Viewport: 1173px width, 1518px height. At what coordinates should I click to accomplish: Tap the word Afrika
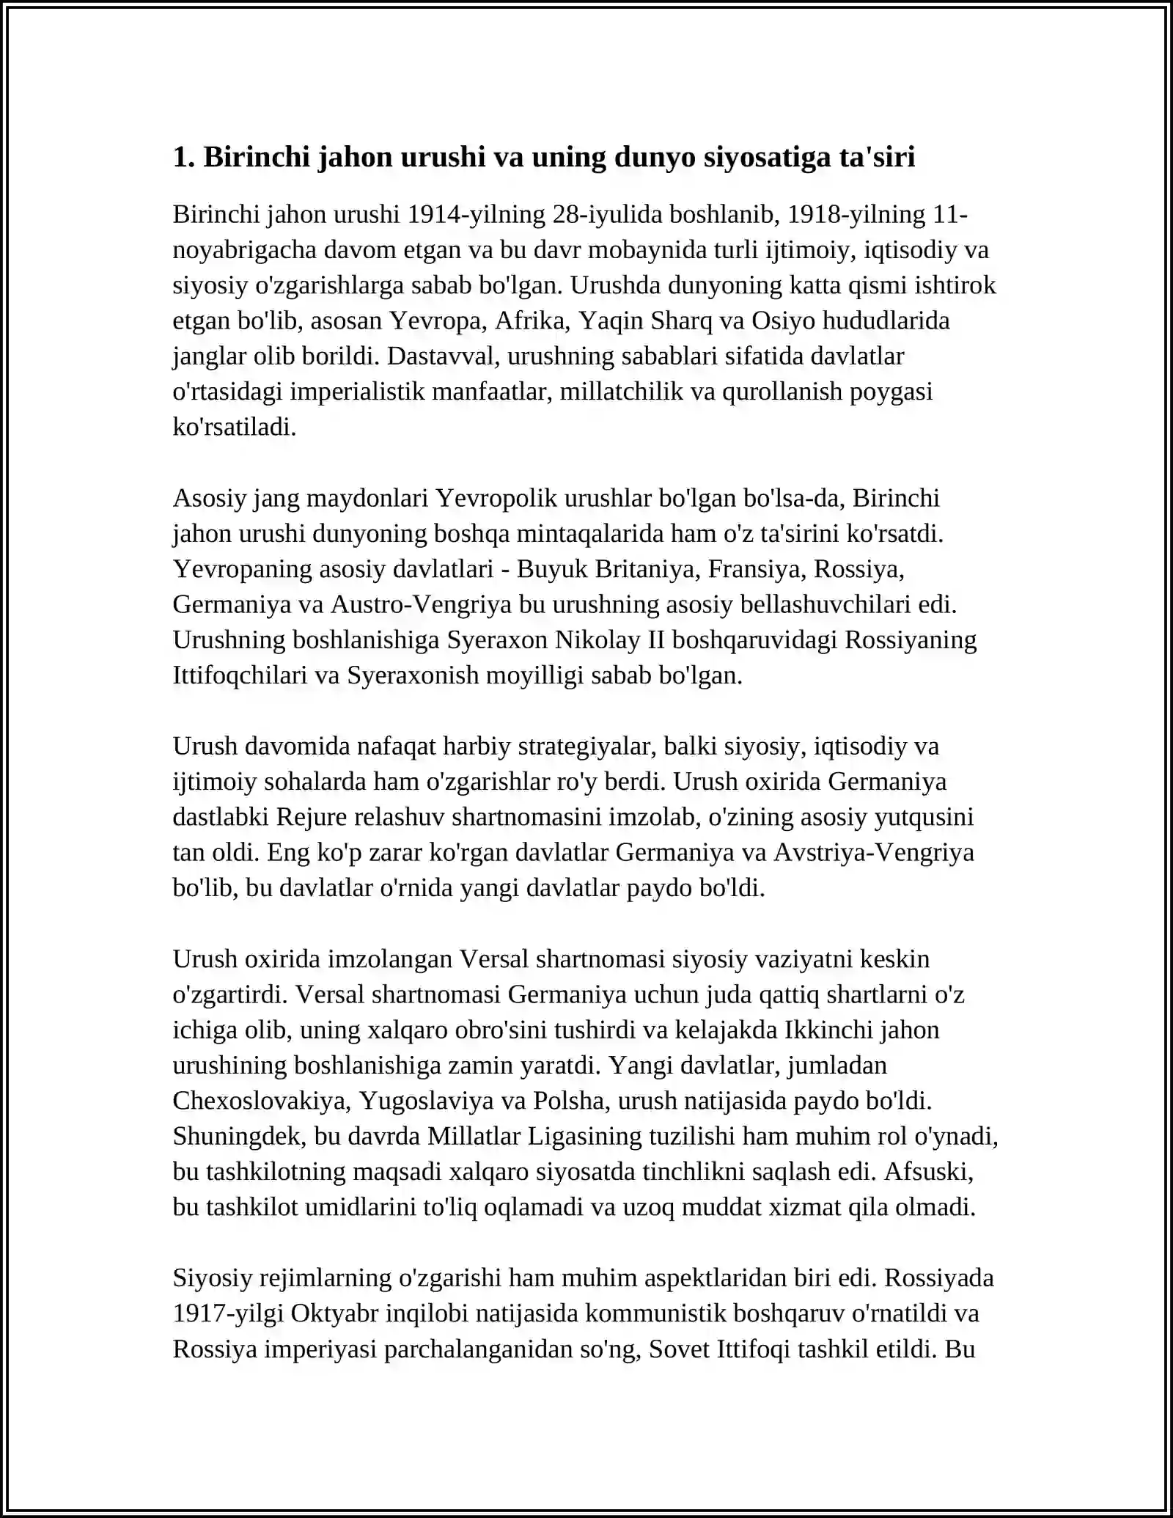[x=533, y=320]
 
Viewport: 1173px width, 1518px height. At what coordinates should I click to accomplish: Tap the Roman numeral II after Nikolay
[x=655, y=639]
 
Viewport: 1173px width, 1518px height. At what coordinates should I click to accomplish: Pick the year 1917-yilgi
[x=228, y=1313]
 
